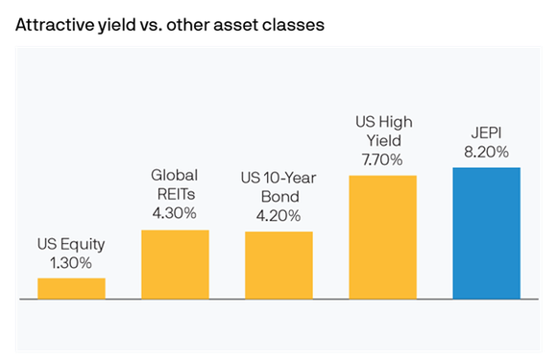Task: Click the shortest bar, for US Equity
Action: (x=71, y=288)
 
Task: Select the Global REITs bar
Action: (x=175, y=265)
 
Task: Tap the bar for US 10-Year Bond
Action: (x=278, y=266)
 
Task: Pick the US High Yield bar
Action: (x=382, y=237)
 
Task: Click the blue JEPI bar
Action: (x=486, y=233)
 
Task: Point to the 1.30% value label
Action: (x=71, y=261)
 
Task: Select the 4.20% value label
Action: (x=278, y=214)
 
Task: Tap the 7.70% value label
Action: (x=382, y=157)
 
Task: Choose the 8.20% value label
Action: (x=486, y=151)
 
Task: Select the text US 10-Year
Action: (x=278, y=179)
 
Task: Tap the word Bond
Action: (x=278, y=196)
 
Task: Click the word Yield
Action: (x=382, y=139)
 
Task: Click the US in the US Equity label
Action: (x=47, y=243)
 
